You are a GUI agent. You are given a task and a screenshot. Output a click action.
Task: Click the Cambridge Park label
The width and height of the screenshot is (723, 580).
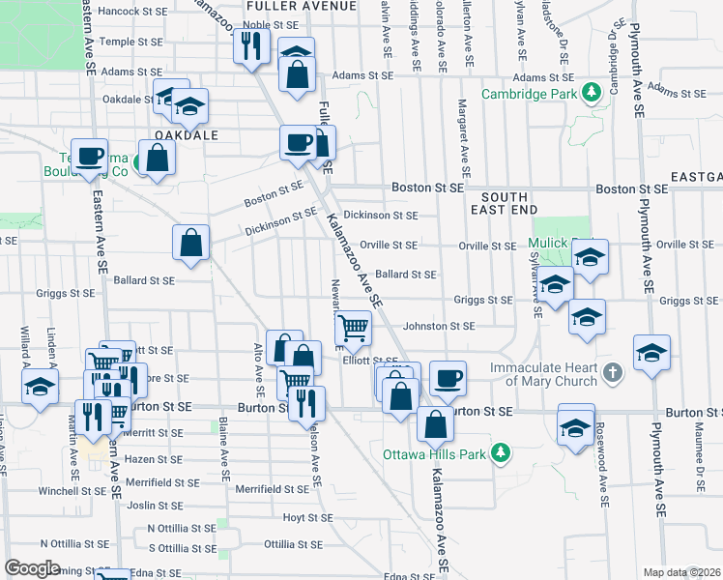(535, 93)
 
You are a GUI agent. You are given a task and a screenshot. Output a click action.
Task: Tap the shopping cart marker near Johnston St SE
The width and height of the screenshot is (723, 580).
(353, 329)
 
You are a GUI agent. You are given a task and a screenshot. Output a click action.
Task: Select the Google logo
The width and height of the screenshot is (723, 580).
(31, 568)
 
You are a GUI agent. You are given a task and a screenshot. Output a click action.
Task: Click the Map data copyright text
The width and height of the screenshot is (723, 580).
(680, 572)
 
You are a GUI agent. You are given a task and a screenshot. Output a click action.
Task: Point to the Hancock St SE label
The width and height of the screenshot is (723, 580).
(132, 12)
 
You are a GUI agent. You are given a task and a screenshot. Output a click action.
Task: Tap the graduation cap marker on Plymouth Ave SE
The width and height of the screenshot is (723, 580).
(652, 352)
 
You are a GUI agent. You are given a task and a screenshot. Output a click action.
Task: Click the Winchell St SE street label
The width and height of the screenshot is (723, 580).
(72, 490)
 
